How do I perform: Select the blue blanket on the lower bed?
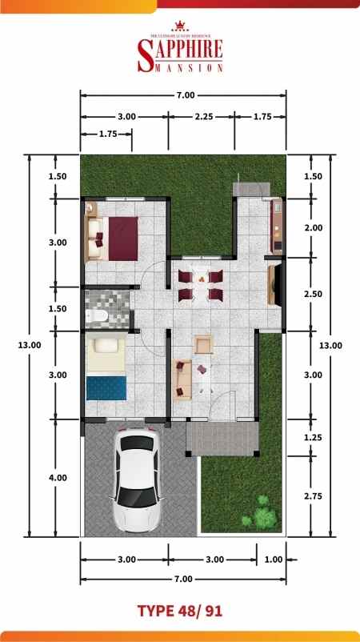click(106, 387)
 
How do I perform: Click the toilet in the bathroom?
click(98, 317)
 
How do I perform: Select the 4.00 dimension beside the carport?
click(58, 477)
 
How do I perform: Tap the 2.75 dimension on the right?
click(314, 496)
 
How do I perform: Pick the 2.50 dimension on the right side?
click(314, 294)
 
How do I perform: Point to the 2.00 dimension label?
click(314, 227)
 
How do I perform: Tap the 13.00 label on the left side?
click(30, 344)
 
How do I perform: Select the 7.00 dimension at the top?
click(185, 96)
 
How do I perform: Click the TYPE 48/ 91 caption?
click(179, 611)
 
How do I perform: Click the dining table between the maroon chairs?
click(200, 286)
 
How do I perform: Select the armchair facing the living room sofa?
click(203, 345)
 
